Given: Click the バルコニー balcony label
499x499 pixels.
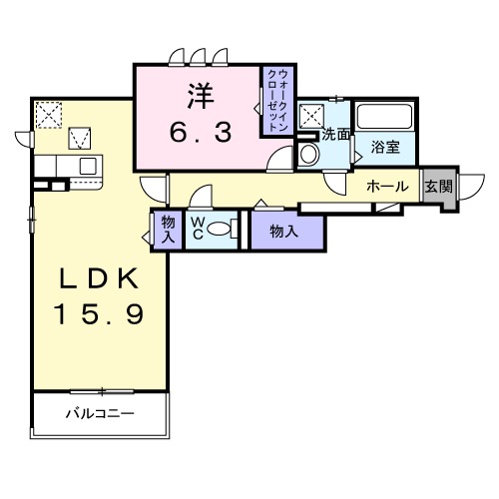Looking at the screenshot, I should pyautogui.click(x=99, y=412).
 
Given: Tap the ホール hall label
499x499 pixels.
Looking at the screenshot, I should pyautogui.click(x=386, y=187).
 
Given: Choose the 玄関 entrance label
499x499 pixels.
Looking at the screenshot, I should pyautogui.click(x=438, y=187).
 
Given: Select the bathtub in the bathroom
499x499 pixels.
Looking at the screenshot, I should pyautogui.click(x=386, y=117).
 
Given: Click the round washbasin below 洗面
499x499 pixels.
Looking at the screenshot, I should pyautogui.click(x=308, y=155).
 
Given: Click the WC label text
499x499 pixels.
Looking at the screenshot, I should pyautogui.click(x=199, y=228).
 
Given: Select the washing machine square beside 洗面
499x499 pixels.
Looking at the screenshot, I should pyautogui.click(x=311, y=114).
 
